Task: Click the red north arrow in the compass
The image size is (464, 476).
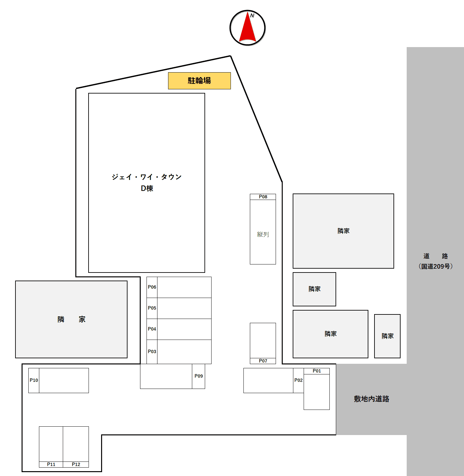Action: (x=247, y=28)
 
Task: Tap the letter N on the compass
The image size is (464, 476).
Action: (x=252, y=16)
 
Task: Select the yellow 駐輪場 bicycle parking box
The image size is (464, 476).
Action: (x=199, y=81)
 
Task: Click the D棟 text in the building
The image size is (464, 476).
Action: (x=147, y=188)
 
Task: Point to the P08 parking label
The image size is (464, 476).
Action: (x=263, y=197)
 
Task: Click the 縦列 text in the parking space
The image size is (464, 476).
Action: (x=263, y=234)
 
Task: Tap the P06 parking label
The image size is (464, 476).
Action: (x=152, y=287)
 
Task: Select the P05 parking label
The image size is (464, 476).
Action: (x=152, y=308)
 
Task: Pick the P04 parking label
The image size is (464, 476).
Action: (x=152, y=329)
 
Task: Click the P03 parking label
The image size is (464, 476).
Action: (x=152, y=352)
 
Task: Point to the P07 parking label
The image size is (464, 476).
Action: (x=263, y=361)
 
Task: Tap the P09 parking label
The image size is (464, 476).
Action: (x=199, y=376)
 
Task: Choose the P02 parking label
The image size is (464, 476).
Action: (x=298, y=380)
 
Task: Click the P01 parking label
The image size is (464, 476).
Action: (x=317, y=371)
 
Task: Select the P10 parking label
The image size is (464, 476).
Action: (x=34, y=380)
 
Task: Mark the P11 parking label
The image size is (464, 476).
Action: (x=51, y=464)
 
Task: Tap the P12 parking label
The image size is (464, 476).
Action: (x=76, y=464)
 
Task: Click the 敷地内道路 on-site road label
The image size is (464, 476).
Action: (x=372, y=399)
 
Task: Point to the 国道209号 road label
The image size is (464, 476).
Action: (x=435, y=266)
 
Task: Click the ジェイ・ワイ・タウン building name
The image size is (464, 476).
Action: (x=147, y=177)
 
